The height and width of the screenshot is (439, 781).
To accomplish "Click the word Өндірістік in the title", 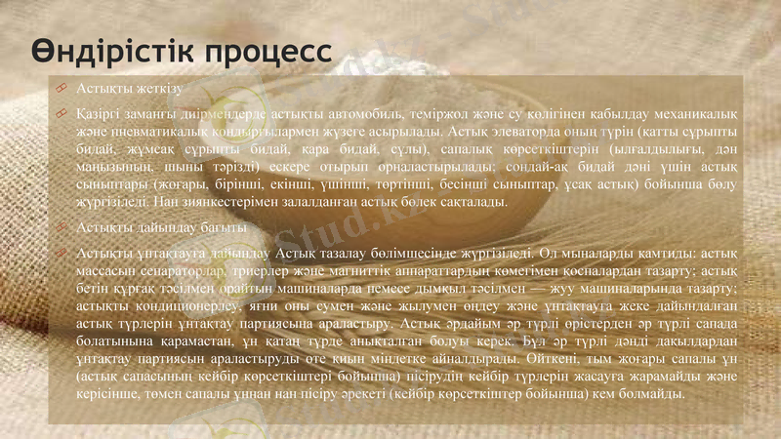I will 103,50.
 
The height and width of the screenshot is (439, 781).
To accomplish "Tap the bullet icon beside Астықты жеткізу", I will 61,89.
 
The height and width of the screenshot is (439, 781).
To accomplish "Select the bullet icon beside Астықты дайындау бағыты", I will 61,227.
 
